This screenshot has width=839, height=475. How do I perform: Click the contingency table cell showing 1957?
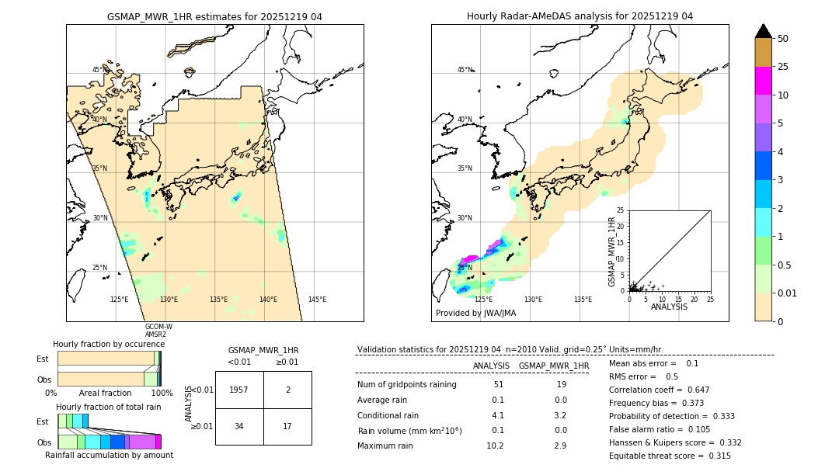coord(239,390)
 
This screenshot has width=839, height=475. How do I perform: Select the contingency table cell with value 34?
coord(239,426)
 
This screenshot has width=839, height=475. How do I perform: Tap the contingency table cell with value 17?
coord(287,426)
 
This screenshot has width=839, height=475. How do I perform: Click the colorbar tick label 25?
coord(784,67)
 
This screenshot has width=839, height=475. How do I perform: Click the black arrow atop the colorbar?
coord(764,31)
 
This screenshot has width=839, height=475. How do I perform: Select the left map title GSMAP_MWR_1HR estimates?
coord(214,16)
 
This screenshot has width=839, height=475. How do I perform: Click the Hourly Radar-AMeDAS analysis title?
coord(580,16)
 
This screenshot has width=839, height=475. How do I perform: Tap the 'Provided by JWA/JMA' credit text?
coord(475,313)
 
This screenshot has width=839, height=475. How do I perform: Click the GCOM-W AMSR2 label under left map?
coord(158,330)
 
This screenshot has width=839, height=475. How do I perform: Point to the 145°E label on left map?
coord(317,300)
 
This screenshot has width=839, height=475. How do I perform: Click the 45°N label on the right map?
coord(464,70)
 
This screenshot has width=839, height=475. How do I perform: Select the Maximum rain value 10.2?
coord(495,446)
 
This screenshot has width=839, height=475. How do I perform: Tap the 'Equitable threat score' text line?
coord(670,456)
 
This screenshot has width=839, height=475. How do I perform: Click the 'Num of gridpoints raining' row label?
coord(407,384)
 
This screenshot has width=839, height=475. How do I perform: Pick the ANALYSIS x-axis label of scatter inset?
coord(669,307)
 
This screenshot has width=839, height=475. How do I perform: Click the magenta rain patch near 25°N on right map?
coord(468,259)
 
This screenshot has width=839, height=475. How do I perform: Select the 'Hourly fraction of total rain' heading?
coord(109,407)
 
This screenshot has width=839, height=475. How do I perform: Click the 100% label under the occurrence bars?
coord(162,393)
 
